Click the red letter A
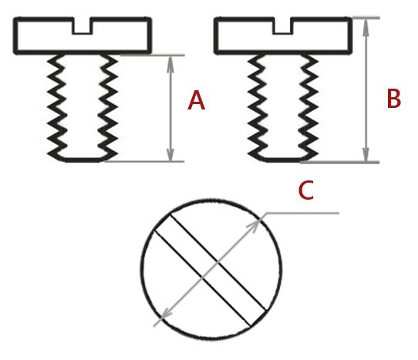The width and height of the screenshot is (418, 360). [x=196, y=100]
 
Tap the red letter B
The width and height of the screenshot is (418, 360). [x=394, y=99]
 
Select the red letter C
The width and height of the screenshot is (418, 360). [x=305, y=190]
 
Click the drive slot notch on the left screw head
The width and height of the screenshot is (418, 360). [x=83, y=26]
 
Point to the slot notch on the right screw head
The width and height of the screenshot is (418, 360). [x=283, y=26]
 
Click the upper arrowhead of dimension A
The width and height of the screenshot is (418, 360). [x=170, y=65]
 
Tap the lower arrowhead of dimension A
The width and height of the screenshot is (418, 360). [x=170, y=153]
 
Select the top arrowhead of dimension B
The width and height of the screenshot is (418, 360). [x=366, y=27]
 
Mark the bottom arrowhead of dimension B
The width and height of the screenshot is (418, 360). [x=366, y=153]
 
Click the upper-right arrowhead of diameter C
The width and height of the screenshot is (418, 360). [x=254, y=225]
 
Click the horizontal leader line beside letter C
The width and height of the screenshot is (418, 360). [x=302, y=214]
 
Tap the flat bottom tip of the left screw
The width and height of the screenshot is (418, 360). [x=83, y=160]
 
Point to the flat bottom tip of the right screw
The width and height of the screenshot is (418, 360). [x=283, y=160]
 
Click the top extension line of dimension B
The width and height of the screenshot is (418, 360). [x=366, y=18]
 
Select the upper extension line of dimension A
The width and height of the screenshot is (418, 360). [x=152, y=56]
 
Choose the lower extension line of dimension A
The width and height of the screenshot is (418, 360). [x=144, y=161]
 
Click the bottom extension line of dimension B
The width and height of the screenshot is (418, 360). [x=339, y=163]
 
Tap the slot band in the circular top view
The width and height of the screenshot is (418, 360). [x=211, y=270]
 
